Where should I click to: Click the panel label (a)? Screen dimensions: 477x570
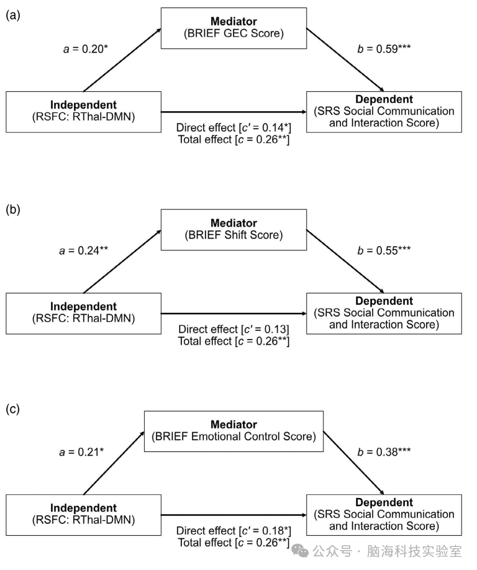[12, 16]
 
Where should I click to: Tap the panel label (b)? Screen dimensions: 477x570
[12, 210]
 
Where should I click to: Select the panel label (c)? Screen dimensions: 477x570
[12, 409]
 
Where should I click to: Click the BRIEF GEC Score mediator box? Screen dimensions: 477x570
[234, 29]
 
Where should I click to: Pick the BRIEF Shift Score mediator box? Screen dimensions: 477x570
[234, 230]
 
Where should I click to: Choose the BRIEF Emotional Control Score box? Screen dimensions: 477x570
[234, 432]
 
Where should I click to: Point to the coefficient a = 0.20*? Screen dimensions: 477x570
[86, 48]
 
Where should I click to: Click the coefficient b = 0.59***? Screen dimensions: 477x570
[384, 48]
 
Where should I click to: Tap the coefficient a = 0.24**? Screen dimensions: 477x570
[84, 250]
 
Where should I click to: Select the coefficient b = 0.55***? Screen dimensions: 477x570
[384, 250]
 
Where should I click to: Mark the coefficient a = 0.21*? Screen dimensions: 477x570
[81, 452]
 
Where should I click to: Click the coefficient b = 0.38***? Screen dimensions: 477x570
[384, 452]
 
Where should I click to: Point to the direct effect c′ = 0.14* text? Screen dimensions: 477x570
[234, 127]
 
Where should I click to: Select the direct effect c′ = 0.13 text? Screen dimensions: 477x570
[234, 329]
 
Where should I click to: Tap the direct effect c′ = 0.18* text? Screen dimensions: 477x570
[234, 531]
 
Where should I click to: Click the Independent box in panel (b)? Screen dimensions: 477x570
[84, 314]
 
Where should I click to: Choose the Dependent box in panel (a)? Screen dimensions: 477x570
[384, 112]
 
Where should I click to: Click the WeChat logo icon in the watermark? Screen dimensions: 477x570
[301, 551]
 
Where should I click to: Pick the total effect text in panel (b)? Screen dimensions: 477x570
[234, 342]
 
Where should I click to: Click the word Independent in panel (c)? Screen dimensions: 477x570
[84, 508]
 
